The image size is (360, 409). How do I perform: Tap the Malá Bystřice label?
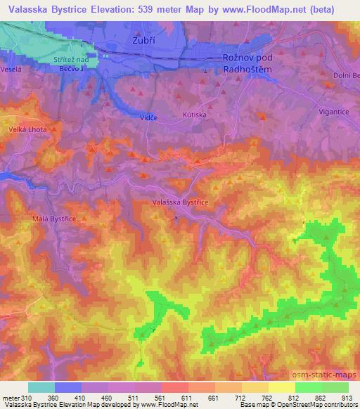[53, 219]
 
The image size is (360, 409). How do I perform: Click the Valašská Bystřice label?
[179, 202]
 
